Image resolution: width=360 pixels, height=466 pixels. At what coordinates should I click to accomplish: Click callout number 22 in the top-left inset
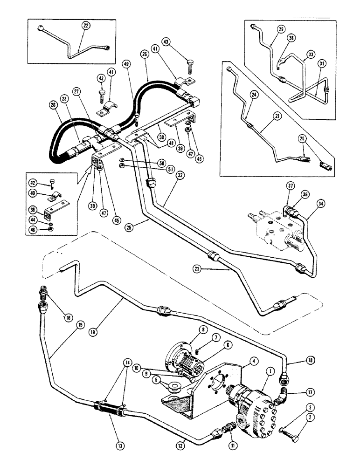click(x=85, y=26)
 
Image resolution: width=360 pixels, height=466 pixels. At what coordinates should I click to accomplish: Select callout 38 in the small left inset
click(x=31, y=209)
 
